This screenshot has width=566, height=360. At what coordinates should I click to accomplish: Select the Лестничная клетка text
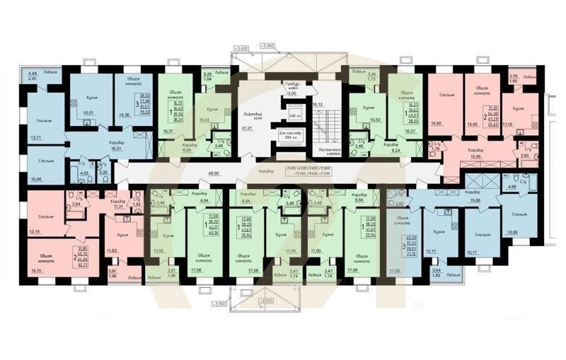(330, 152)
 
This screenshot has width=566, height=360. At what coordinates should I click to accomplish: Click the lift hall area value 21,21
(246, 129)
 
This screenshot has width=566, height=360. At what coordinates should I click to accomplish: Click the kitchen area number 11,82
(112, 250)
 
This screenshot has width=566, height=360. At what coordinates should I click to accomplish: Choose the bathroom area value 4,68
(511, 187)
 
